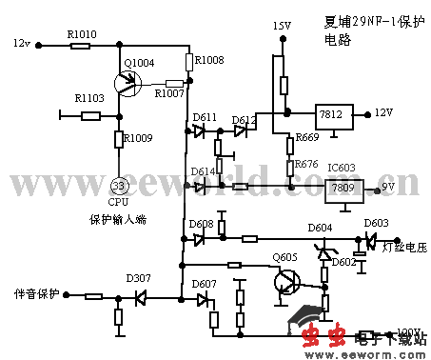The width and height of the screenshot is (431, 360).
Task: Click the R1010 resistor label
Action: pos(83,33)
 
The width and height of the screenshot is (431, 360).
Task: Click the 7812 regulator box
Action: pos(332,112)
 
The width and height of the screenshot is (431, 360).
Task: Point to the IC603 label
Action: pos(341,169)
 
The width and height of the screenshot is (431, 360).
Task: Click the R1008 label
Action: pos(208,60)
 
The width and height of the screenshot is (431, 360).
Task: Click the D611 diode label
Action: pos(205,118)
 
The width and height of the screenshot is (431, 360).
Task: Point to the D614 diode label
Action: pos(203,171)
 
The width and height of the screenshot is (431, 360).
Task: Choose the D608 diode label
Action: pos(202,224)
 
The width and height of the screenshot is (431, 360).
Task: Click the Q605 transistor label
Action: pos(284,257)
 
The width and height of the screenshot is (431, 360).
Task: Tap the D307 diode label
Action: pos(139,279)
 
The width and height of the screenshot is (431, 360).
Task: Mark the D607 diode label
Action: pos(203,284)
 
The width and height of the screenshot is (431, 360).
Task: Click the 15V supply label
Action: pos(282,25)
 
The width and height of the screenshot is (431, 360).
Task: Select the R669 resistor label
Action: pos(306,137)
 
